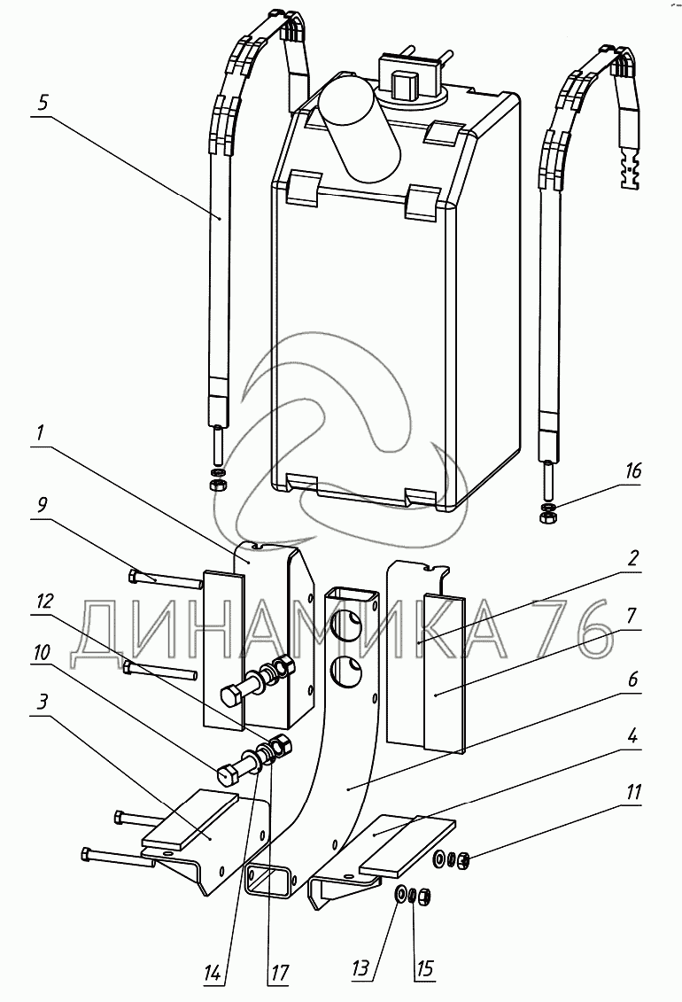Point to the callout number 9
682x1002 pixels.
pos(43,505)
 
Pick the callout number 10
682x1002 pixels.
pos(42,651)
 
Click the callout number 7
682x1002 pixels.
pos(632,614)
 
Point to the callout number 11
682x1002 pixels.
pos(632,791)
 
